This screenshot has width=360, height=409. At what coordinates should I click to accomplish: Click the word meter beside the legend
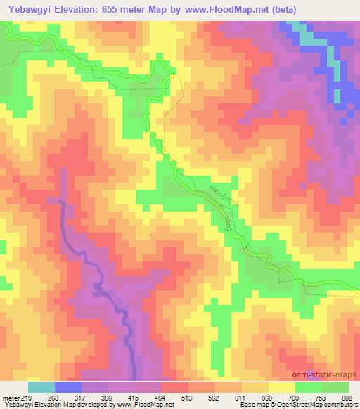point(11,398)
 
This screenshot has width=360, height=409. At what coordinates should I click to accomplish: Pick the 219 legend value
point(28,398)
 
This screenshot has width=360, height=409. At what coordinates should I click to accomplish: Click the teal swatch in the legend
point(41,387)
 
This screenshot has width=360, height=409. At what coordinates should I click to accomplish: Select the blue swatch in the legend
point(68,387)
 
